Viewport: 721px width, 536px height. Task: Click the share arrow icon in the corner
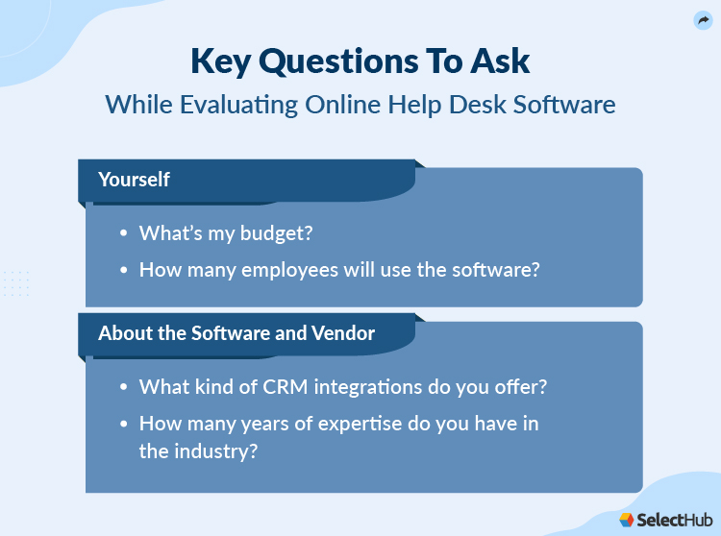point(703,20)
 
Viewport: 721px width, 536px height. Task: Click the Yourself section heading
point(134,180)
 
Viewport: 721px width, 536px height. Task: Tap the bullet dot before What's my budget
point(123,234)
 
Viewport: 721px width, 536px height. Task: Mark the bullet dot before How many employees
point(123,271)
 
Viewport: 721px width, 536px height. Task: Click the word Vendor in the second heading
point(343,333)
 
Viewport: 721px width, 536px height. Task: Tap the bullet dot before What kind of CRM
point(123,388)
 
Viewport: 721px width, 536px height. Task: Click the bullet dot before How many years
point(123,425)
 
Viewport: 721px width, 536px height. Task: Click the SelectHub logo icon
point(627,520)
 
